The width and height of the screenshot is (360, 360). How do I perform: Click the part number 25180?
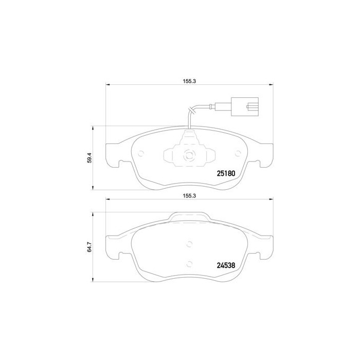click(x=224, y=173)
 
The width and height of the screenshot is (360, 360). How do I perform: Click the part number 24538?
click(x=224, y=266)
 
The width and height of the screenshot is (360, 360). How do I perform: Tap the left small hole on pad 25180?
click(x=141, y=153)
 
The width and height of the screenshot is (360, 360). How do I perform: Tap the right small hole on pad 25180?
click(x=237, y=153)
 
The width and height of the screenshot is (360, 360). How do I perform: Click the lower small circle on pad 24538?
click(x=189, y=264)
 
